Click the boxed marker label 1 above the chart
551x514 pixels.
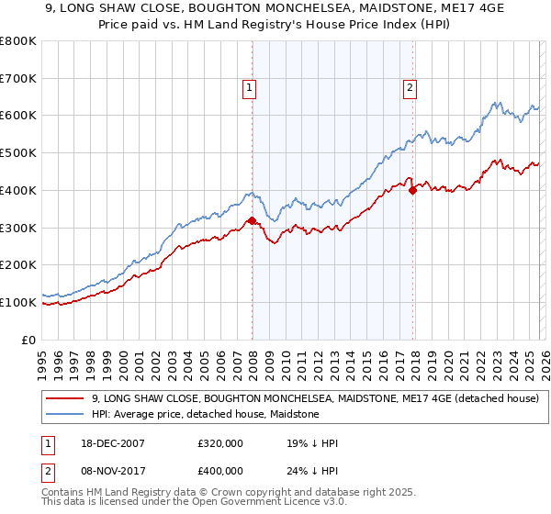coord(249,88)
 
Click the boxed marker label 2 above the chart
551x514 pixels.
coord(409,88)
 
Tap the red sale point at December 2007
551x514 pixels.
coord(252,220)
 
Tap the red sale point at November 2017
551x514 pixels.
coord(412,190)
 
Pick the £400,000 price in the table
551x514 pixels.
coord(220,470)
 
